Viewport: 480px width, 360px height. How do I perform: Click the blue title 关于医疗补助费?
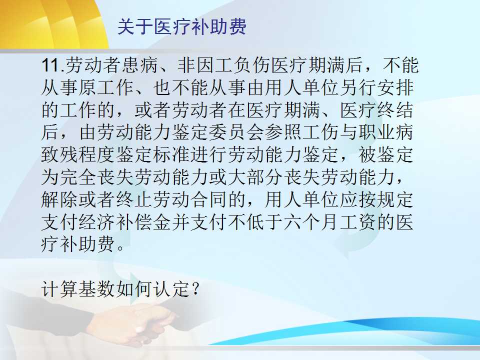(182, 27)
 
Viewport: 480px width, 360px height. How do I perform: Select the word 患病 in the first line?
(140, 65)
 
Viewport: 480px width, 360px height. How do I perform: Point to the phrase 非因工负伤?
(224, 65)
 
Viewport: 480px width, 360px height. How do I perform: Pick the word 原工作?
(107, 87)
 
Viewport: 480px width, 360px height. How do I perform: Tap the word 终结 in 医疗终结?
(395, 110)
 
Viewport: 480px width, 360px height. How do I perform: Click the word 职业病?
(386, 132)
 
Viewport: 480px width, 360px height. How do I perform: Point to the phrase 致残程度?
(78, 154)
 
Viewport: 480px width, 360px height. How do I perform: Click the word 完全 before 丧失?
(78, 177)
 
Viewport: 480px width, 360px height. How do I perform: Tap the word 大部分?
(256, 177)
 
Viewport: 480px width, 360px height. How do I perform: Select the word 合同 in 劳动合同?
(209, 199)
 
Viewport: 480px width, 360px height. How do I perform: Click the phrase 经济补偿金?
(125, 221)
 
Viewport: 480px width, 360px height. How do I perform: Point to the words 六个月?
(311, 221)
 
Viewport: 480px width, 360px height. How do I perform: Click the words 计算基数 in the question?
(78, 288)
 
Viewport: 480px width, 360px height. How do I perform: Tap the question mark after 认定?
(195, 288)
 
